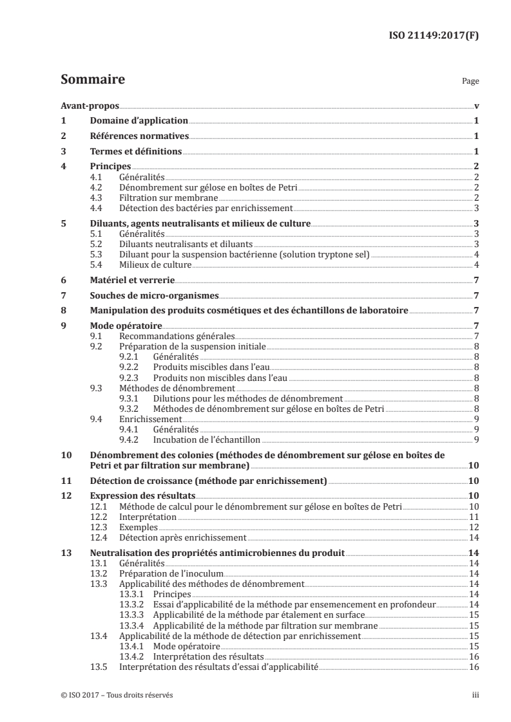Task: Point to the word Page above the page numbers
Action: [470, 82]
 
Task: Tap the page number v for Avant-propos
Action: [476, 107]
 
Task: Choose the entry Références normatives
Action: [139, 136]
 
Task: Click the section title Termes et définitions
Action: [135, 152]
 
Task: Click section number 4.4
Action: [97, 208]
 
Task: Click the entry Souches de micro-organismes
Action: [153, 296]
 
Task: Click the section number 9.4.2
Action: [131, 439]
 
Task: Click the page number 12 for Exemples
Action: [473, 526]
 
